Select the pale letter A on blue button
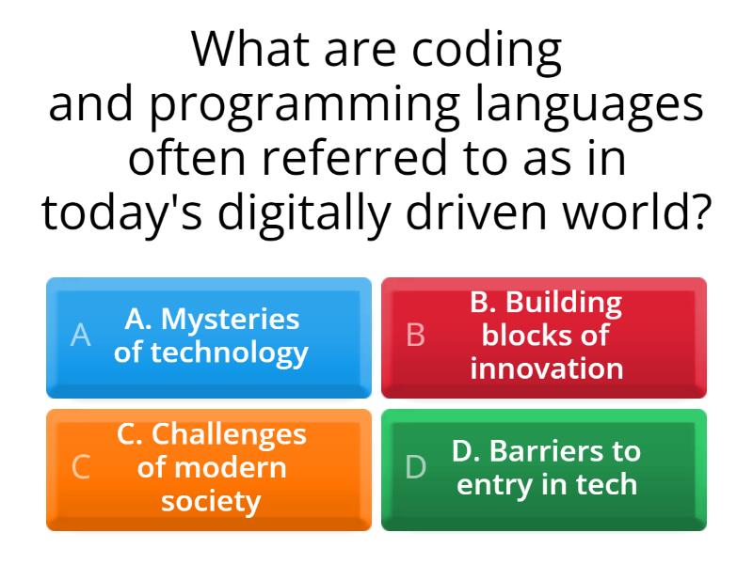pyautogui.click(x=81, y=336)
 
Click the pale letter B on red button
pyautogui.click(x=415, y=336)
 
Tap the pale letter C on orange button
pyautogui.click(x=81, y=467)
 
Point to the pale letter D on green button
pyautogui.click(x=415, y=467)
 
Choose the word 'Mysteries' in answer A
pyautogui.click(x=230, y=320)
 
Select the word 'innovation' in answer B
pyautogui.click(x=546, y=368)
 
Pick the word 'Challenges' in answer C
pyautogui.click(x=229, y=434)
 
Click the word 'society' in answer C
pyautogui.click(x=211, y=500)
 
